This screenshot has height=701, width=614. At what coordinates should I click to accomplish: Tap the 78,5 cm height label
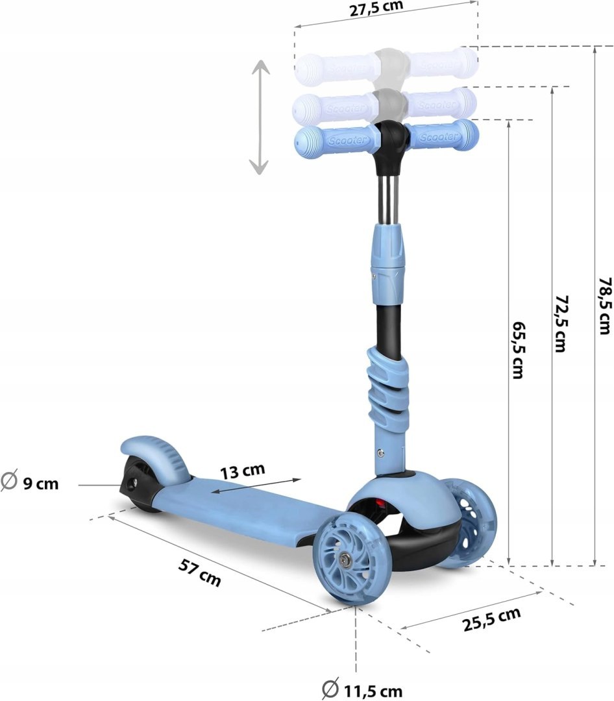[605, 306]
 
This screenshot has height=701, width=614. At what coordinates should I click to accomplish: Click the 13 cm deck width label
[242, 471]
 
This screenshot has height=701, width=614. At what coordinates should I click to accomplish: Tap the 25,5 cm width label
[491, 619]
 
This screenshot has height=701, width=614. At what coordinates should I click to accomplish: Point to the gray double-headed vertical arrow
[260, 117]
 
